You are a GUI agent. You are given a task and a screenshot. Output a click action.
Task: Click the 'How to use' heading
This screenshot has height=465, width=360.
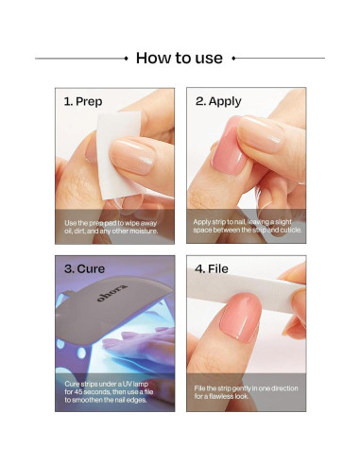180,58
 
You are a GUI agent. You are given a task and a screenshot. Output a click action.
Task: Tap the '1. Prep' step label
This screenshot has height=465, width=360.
83,101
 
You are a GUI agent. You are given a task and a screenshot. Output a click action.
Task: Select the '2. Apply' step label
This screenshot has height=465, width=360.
218,101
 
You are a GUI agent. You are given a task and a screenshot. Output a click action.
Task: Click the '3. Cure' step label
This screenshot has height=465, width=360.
84,268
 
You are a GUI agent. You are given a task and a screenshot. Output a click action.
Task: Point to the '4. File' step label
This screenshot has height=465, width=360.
212,268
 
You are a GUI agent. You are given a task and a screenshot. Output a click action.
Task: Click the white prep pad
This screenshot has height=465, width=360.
119,154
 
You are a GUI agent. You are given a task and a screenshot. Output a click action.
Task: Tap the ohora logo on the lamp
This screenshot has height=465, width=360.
112,293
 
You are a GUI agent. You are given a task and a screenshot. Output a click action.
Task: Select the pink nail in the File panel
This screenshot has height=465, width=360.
241,318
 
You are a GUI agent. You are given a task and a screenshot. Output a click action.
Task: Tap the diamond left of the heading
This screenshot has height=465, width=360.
127,59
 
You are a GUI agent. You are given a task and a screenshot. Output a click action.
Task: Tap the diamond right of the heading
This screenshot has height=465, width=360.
233,59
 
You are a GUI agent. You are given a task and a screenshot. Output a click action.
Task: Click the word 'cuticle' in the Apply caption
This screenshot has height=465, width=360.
290,230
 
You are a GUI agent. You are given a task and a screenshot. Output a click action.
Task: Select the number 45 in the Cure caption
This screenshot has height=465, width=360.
77,392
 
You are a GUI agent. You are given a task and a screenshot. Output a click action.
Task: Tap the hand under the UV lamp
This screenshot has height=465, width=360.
139,346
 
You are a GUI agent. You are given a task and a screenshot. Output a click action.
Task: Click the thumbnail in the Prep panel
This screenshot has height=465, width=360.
132,157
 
